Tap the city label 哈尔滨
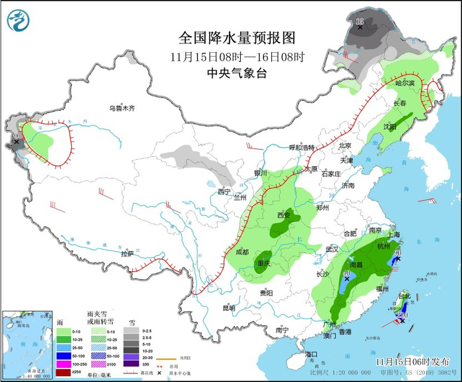[405, 84]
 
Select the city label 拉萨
[127, 253]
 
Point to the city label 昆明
[228, 307]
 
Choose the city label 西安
[283, 215]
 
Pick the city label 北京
[345, 146]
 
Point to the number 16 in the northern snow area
[360, 22]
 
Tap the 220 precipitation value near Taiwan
[402, 315]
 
